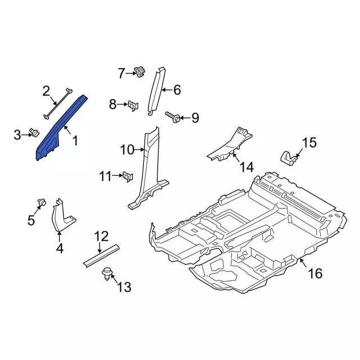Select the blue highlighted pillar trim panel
point(59,129)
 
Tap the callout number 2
point(47,91)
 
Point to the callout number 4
point(58,248)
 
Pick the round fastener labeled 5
point(41,202)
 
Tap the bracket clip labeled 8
point(133,105)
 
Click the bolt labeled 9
point(173,117)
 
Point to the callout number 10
point(127,150)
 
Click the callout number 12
point(101,236)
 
